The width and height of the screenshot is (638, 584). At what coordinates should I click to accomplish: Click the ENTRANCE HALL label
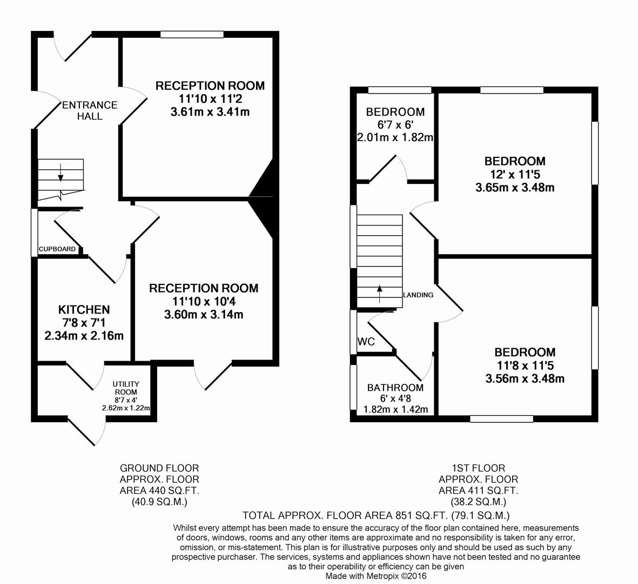90,111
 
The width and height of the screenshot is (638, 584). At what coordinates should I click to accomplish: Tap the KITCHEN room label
84,309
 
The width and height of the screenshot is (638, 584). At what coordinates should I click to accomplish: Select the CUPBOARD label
57,249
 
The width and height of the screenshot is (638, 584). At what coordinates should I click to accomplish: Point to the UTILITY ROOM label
126,388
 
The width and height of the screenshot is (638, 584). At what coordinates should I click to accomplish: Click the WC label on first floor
366,342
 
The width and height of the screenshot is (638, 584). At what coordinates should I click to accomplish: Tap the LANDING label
418,295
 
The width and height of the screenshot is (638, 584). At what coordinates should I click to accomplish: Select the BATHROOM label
395,388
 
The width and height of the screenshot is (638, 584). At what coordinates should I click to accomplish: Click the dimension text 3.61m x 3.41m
210,112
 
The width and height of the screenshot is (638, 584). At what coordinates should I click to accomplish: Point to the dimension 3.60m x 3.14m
204,315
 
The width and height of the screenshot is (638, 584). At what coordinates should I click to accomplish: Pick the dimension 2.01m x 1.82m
395,138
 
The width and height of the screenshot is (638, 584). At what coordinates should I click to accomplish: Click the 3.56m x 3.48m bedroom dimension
525,379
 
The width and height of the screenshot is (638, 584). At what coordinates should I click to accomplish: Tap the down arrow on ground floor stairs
61,172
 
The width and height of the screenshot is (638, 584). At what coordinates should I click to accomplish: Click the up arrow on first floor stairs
380,294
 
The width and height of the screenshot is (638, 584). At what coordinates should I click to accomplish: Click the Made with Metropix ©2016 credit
376,576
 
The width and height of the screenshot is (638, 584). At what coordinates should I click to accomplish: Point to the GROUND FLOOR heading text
159,468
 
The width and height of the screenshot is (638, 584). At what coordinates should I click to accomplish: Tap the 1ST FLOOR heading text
479,468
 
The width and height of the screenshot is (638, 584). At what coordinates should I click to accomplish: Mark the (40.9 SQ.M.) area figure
159,502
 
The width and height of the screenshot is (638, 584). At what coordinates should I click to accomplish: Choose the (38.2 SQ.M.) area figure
479,502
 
